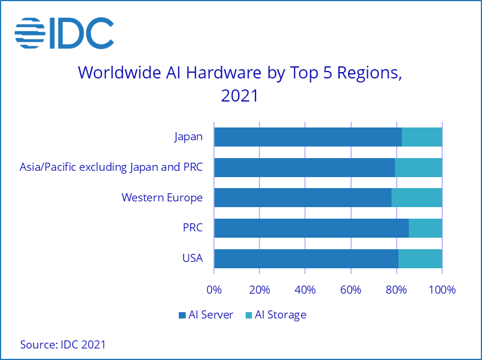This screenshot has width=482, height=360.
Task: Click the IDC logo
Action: point(64,33)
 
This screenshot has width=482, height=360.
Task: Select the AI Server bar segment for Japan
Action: point(307,137)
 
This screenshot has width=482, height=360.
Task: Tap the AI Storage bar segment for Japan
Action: point(422,137)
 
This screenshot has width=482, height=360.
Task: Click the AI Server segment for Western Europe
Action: point(302,197)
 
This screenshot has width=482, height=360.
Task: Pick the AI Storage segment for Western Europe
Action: point(417,197)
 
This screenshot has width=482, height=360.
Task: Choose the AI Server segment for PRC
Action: point(311,228)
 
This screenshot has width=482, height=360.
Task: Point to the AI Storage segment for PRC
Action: point(425,228)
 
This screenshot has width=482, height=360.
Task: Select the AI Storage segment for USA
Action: point(420,258)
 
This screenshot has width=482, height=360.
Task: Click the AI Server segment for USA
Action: point(306,258)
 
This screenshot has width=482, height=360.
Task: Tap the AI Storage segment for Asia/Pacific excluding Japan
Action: point(419,167)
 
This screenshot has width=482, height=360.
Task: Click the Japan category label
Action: point(189,137)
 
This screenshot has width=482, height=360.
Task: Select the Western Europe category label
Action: point(162,197)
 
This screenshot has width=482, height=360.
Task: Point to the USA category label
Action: point(192,258)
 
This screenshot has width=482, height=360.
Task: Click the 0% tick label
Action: point(214,289)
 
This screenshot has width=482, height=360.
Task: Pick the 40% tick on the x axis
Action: point(305,289)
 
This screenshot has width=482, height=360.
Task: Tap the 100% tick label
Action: point(442,289)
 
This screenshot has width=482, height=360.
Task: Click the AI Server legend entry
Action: point(206,315)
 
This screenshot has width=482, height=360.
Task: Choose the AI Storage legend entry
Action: point(276,315)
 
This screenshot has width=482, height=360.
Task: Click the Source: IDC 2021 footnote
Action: point(63,344)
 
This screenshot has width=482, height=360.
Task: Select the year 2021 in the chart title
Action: point(240,95)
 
